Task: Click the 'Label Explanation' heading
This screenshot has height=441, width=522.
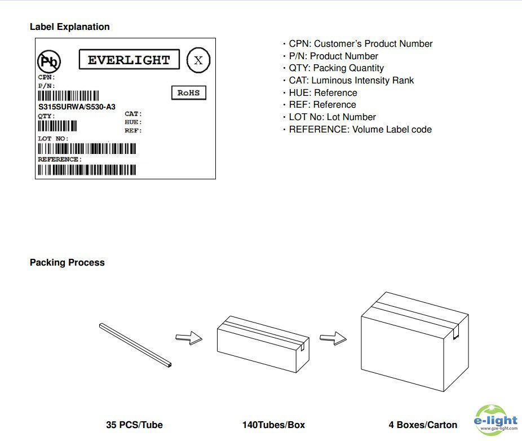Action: click(x=69, y=27)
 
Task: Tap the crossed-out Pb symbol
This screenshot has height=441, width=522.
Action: click(x=49, y=61)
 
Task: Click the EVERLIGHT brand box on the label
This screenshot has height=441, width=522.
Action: click(x=129, y=60)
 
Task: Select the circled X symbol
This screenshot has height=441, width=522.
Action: click(x=198, y=60)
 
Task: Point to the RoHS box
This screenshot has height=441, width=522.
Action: click(x=188, y=93)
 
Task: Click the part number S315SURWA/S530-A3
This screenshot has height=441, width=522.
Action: click(x=77, y=107)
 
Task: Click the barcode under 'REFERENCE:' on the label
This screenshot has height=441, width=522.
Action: click(x=90, y=169)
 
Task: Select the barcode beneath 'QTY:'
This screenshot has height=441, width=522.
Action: click(x=57, y=126)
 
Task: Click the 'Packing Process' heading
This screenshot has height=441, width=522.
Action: click(x=67, y=262)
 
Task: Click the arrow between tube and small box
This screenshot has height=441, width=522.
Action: click(x=188, y=338)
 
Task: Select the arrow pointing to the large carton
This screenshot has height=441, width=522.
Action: click(x=332, y=338)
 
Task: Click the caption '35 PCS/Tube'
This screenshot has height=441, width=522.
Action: click(x=134, y=425)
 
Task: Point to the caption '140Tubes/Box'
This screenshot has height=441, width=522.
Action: click(x=273, y=425)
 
